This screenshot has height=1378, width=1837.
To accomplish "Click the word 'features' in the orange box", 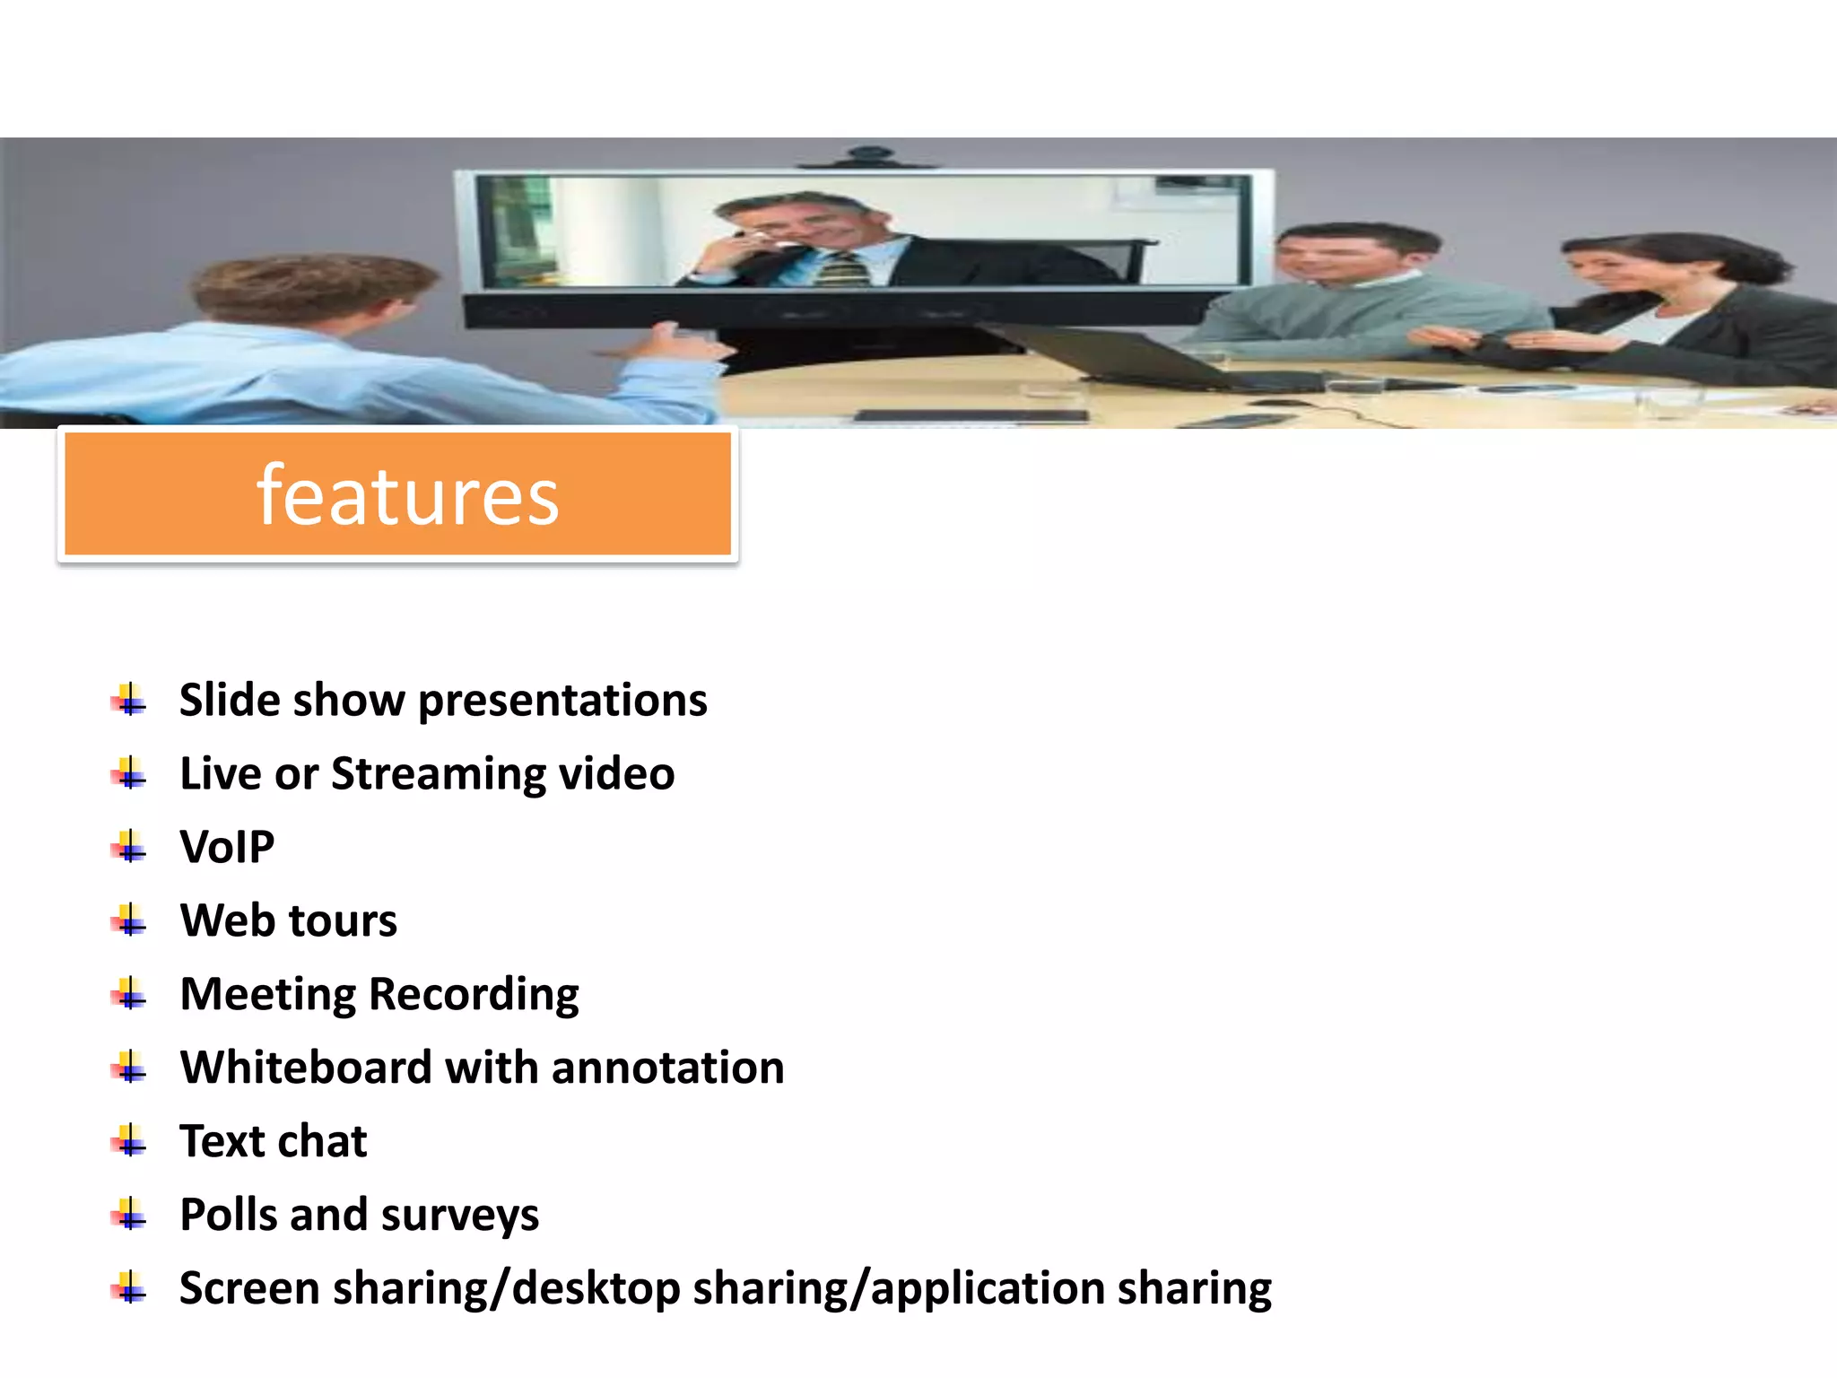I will coord(408,496).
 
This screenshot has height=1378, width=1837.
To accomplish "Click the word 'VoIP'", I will coord(227,847).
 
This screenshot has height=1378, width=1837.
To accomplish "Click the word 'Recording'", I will coord(474,995).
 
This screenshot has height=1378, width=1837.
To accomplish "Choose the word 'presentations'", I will coord(562,701).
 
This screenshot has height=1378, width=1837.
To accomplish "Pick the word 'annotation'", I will coord(667,1068).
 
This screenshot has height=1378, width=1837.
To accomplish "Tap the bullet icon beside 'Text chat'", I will coord(130,1141).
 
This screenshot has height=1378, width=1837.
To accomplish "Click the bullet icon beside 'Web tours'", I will coord(130,920).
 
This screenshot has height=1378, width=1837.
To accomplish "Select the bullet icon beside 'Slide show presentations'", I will coord(130,700).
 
